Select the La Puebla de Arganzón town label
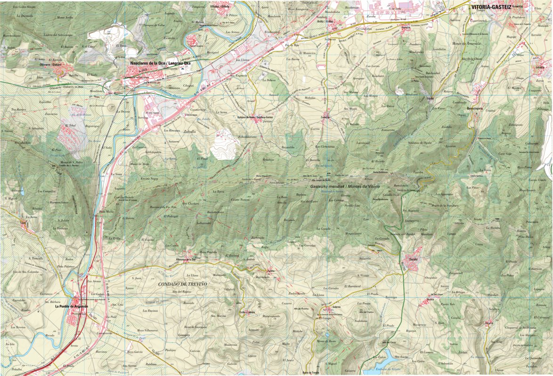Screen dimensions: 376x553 72,306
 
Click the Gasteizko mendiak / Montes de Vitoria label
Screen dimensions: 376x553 344,187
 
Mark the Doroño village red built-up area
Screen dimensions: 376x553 411,264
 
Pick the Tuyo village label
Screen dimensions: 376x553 23,224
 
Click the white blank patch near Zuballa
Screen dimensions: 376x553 224,145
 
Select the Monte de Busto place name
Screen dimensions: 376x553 326,341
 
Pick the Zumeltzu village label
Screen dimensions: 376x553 325,117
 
